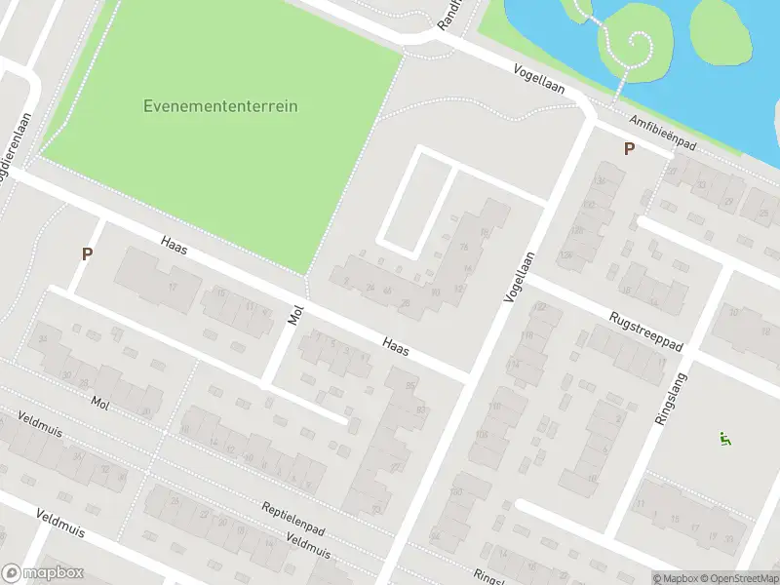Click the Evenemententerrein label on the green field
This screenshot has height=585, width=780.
220,106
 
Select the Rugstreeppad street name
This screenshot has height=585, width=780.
645,331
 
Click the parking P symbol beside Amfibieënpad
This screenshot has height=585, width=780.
629,149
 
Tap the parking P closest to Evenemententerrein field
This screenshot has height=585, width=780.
87,253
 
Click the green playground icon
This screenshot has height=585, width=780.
723,440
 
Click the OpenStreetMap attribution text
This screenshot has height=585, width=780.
737,577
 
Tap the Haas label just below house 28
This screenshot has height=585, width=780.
395,345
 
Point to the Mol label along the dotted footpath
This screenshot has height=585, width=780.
100,402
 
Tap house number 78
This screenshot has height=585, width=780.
463,247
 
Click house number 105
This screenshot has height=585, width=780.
481,434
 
